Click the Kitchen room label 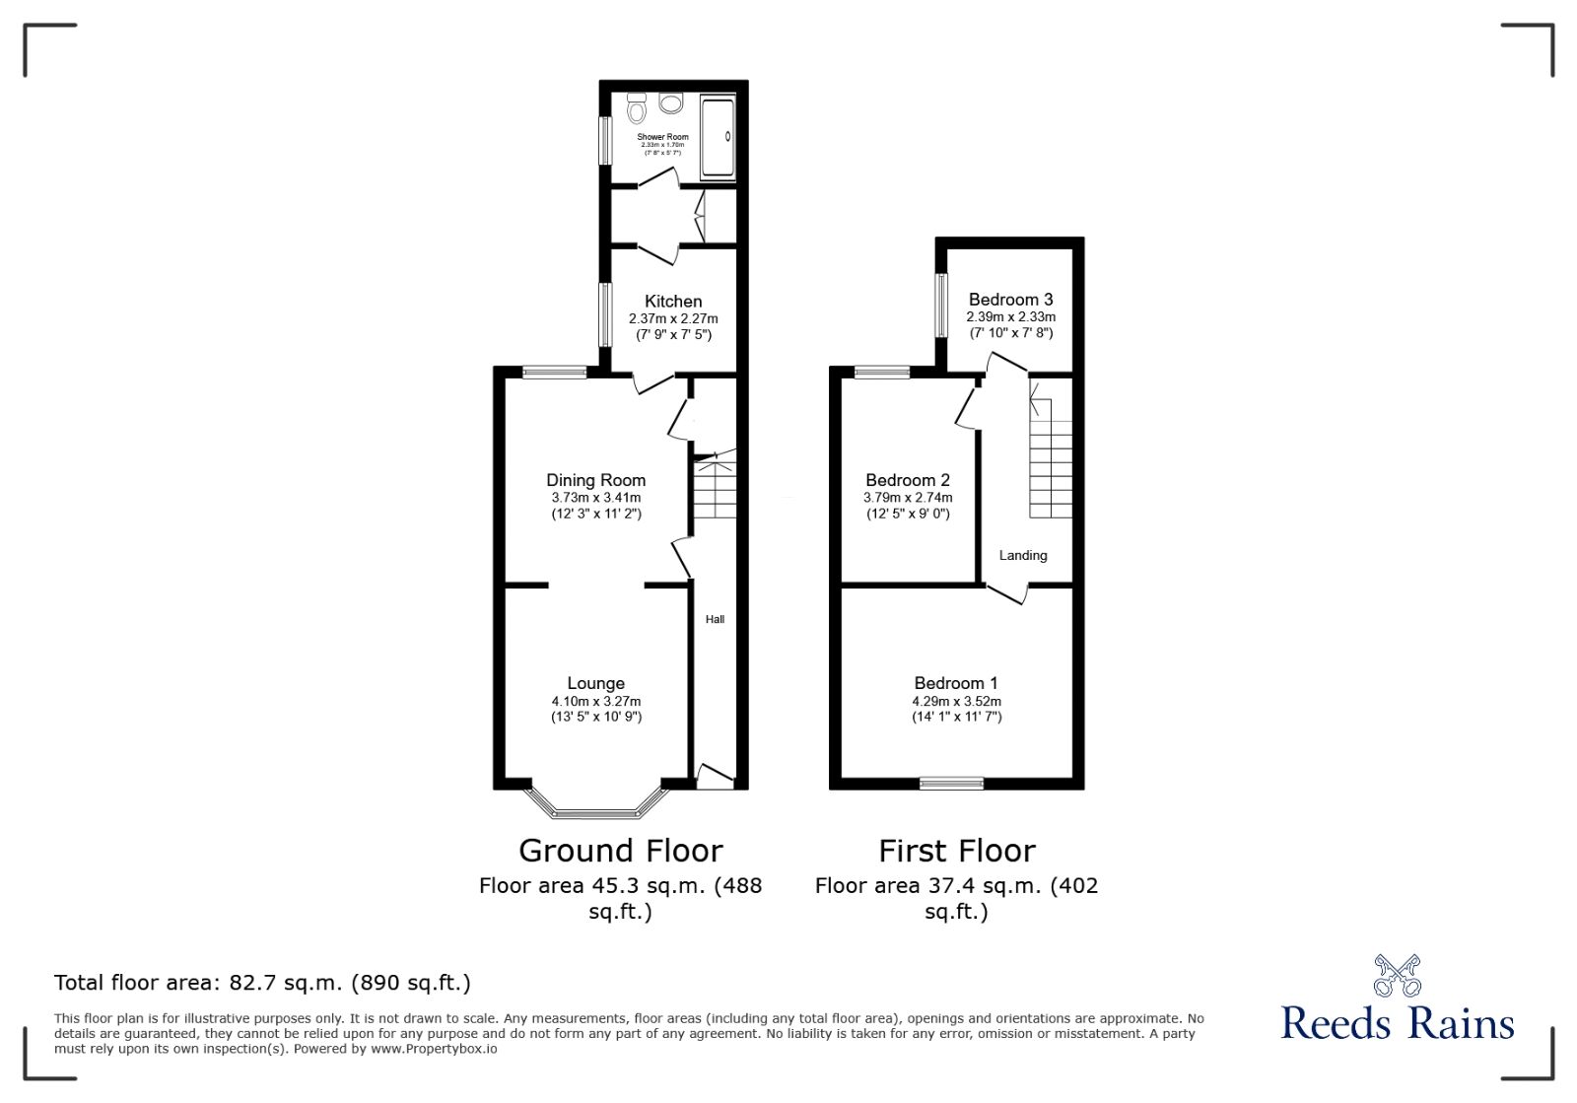tap(673, 302)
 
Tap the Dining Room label tap(595, 480)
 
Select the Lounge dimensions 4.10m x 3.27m tap(595, 701)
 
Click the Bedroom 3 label tap(1010, 300)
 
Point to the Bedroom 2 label tap(907, 480)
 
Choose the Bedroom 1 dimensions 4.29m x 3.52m tap(956, 701)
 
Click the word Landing tap(1022, 555)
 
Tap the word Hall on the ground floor tap(715, 619)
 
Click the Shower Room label tap(662, 137)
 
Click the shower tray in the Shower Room tap(718, 137)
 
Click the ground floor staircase tap(716, 487)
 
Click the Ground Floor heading tap(620, 850)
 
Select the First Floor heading tap(956, 850)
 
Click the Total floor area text tap(262, 982)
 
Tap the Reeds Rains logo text tap(1397, 1023)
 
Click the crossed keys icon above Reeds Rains tap(1397, 975)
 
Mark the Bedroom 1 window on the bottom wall tap(951, 784)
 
